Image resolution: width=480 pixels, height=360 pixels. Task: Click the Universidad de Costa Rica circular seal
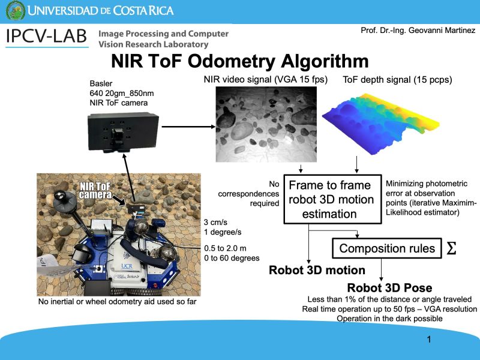click(16, 10)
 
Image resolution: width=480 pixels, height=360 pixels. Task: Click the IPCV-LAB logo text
click(47, 37)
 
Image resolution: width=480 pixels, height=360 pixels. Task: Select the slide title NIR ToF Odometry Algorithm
click(239, 61)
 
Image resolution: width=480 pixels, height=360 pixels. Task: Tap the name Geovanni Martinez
click(442, 31)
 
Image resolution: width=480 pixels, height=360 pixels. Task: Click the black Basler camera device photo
click(123, 133)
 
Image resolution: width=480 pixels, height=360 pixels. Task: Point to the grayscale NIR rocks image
click(266, 124)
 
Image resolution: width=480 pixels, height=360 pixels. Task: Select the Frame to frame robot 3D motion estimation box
click(332, 199)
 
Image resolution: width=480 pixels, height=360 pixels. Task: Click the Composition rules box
click(387, 248)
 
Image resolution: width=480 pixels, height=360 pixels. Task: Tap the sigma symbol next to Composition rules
click(451, 248)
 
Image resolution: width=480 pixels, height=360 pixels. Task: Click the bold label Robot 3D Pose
click(389, 288)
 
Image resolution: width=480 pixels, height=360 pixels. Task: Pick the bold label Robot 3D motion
click(317, 271)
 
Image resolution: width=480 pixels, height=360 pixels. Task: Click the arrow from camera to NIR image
click(188, 127)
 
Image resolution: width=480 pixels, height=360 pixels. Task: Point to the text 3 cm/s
click(215, 222)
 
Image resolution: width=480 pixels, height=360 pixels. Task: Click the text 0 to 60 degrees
click(232, 258)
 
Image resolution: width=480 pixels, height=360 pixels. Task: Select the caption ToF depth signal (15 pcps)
click(397, 80)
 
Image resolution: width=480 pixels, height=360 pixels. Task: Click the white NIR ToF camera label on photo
click(95, 190)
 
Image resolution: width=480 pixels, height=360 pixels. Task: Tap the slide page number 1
click(429, 339)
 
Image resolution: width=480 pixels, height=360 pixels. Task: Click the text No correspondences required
click(248, 193)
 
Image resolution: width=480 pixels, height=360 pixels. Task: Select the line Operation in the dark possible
click(389, 319)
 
